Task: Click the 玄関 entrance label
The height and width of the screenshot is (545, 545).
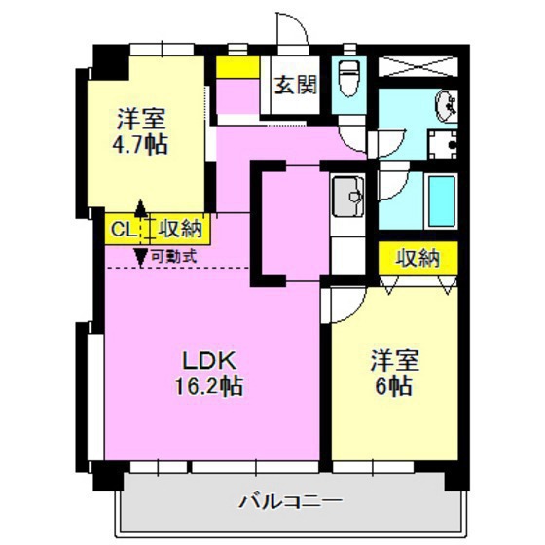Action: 294,85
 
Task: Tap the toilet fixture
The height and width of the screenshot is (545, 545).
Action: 347,78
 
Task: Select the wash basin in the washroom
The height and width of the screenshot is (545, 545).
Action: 445,104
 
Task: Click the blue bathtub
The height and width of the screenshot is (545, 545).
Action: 443,200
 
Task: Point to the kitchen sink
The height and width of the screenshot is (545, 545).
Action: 346,199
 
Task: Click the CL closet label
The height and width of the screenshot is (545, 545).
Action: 122,230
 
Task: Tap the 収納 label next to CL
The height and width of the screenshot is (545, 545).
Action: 180,230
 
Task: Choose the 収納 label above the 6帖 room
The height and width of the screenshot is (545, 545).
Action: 418,258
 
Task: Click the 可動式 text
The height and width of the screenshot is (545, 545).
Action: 174,257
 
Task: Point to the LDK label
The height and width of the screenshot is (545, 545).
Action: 202,358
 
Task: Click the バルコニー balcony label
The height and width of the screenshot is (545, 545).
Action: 290,502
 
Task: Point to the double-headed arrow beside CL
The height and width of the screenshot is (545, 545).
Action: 142,232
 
